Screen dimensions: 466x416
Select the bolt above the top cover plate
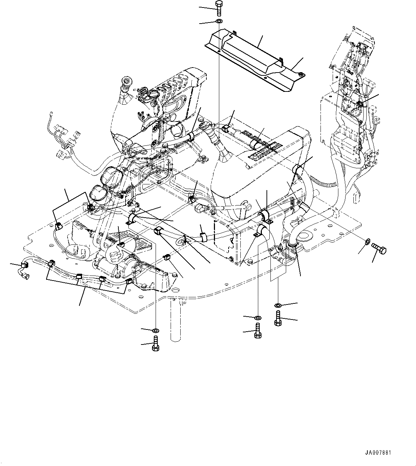click(x=219, y=8)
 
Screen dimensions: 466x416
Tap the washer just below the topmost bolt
click(x=219, y=22)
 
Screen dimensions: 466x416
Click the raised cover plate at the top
click(x=250, y=54)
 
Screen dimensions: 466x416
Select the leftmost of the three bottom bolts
click(x=156, y=344)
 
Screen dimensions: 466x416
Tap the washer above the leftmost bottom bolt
click(x=156, y=329)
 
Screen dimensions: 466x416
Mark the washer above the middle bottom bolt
click(x=258, y=317)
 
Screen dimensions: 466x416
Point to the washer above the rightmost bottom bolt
click(x=278, y=305)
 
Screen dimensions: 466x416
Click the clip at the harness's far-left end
click(x=24, y=266)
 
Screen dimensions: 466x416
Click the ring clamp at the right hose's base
click(x=293, y=244)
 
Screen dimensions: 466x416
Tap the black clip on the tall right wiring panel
click(x=360, y=104)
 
